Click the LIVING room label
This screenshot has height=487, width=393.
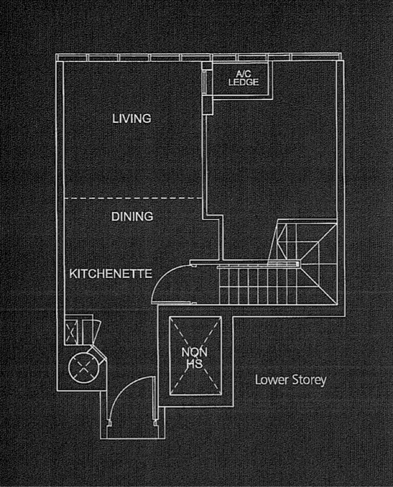pyautogui.click(x=131, y=118)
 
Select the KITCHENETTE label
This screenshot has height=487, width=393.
pyautogui.click(x=110, y=274)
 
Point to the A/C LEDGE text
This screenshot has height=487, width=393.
pyautogui.click(x=243, y=78)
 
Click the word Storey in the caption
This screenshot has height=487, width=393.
pyautogui.click(x=309, y=380)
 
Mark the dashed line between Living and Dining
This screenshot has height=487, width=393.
pyautogui.click(x=133, y=198)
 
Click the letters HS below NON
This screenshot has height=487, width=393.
pyautogui.click(x=195, y=364)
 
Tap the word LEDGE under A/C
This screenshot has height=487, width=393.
pyautogui.click(x=243, y=83)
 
